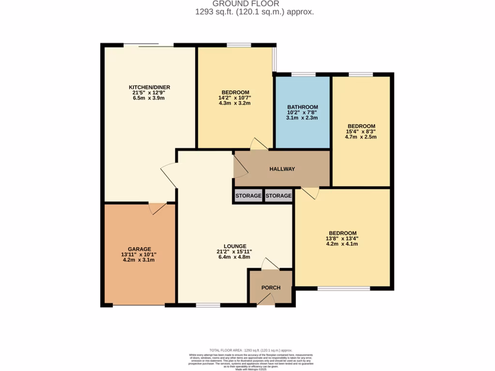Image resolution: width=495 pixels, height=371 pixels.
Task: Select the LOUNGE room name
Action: [235, 246]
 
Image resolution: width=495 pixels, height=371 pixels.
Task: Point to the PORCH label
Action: [271, 288]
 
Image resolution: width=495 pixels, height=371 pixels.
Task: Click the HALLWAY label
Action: [282, 169]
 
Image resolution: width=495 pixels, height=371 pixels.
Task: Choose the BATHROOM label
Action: [303, 107]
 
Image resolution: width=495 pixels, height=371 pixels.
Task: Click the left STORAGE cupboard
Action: [248, 196]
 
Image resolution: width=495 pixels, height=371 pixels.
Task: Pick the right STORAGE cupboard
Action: [279, 196]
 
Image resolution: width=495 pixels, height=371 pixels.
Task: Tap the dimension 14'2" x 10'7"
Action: [235, 98]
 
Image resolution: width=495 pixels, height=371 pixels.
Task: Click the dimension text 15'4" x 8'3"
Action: [360, 131]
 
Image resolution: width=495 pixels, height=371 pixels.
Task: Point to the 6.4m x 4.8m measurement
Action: [235, 257]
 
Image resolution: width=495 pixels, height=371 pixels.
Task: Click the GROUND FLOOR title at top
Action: [252, 4]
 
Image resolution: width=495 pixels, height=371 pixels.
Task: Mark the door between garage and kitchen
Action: [158, 208]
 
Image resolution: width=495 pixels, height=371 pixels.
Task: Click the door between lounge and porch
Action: [270, 264]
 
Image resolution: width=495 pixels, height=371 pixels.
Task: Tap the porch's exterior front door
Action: [265, 300]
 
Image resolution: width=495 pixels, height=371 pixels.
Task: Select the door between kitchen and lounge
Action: [169, 175]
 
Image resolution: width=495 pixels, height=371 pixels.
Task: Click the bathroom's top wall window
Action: [303, 74]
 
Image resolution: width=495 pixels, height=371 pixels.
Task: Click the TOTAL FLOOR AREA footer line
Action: [251, 350]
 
